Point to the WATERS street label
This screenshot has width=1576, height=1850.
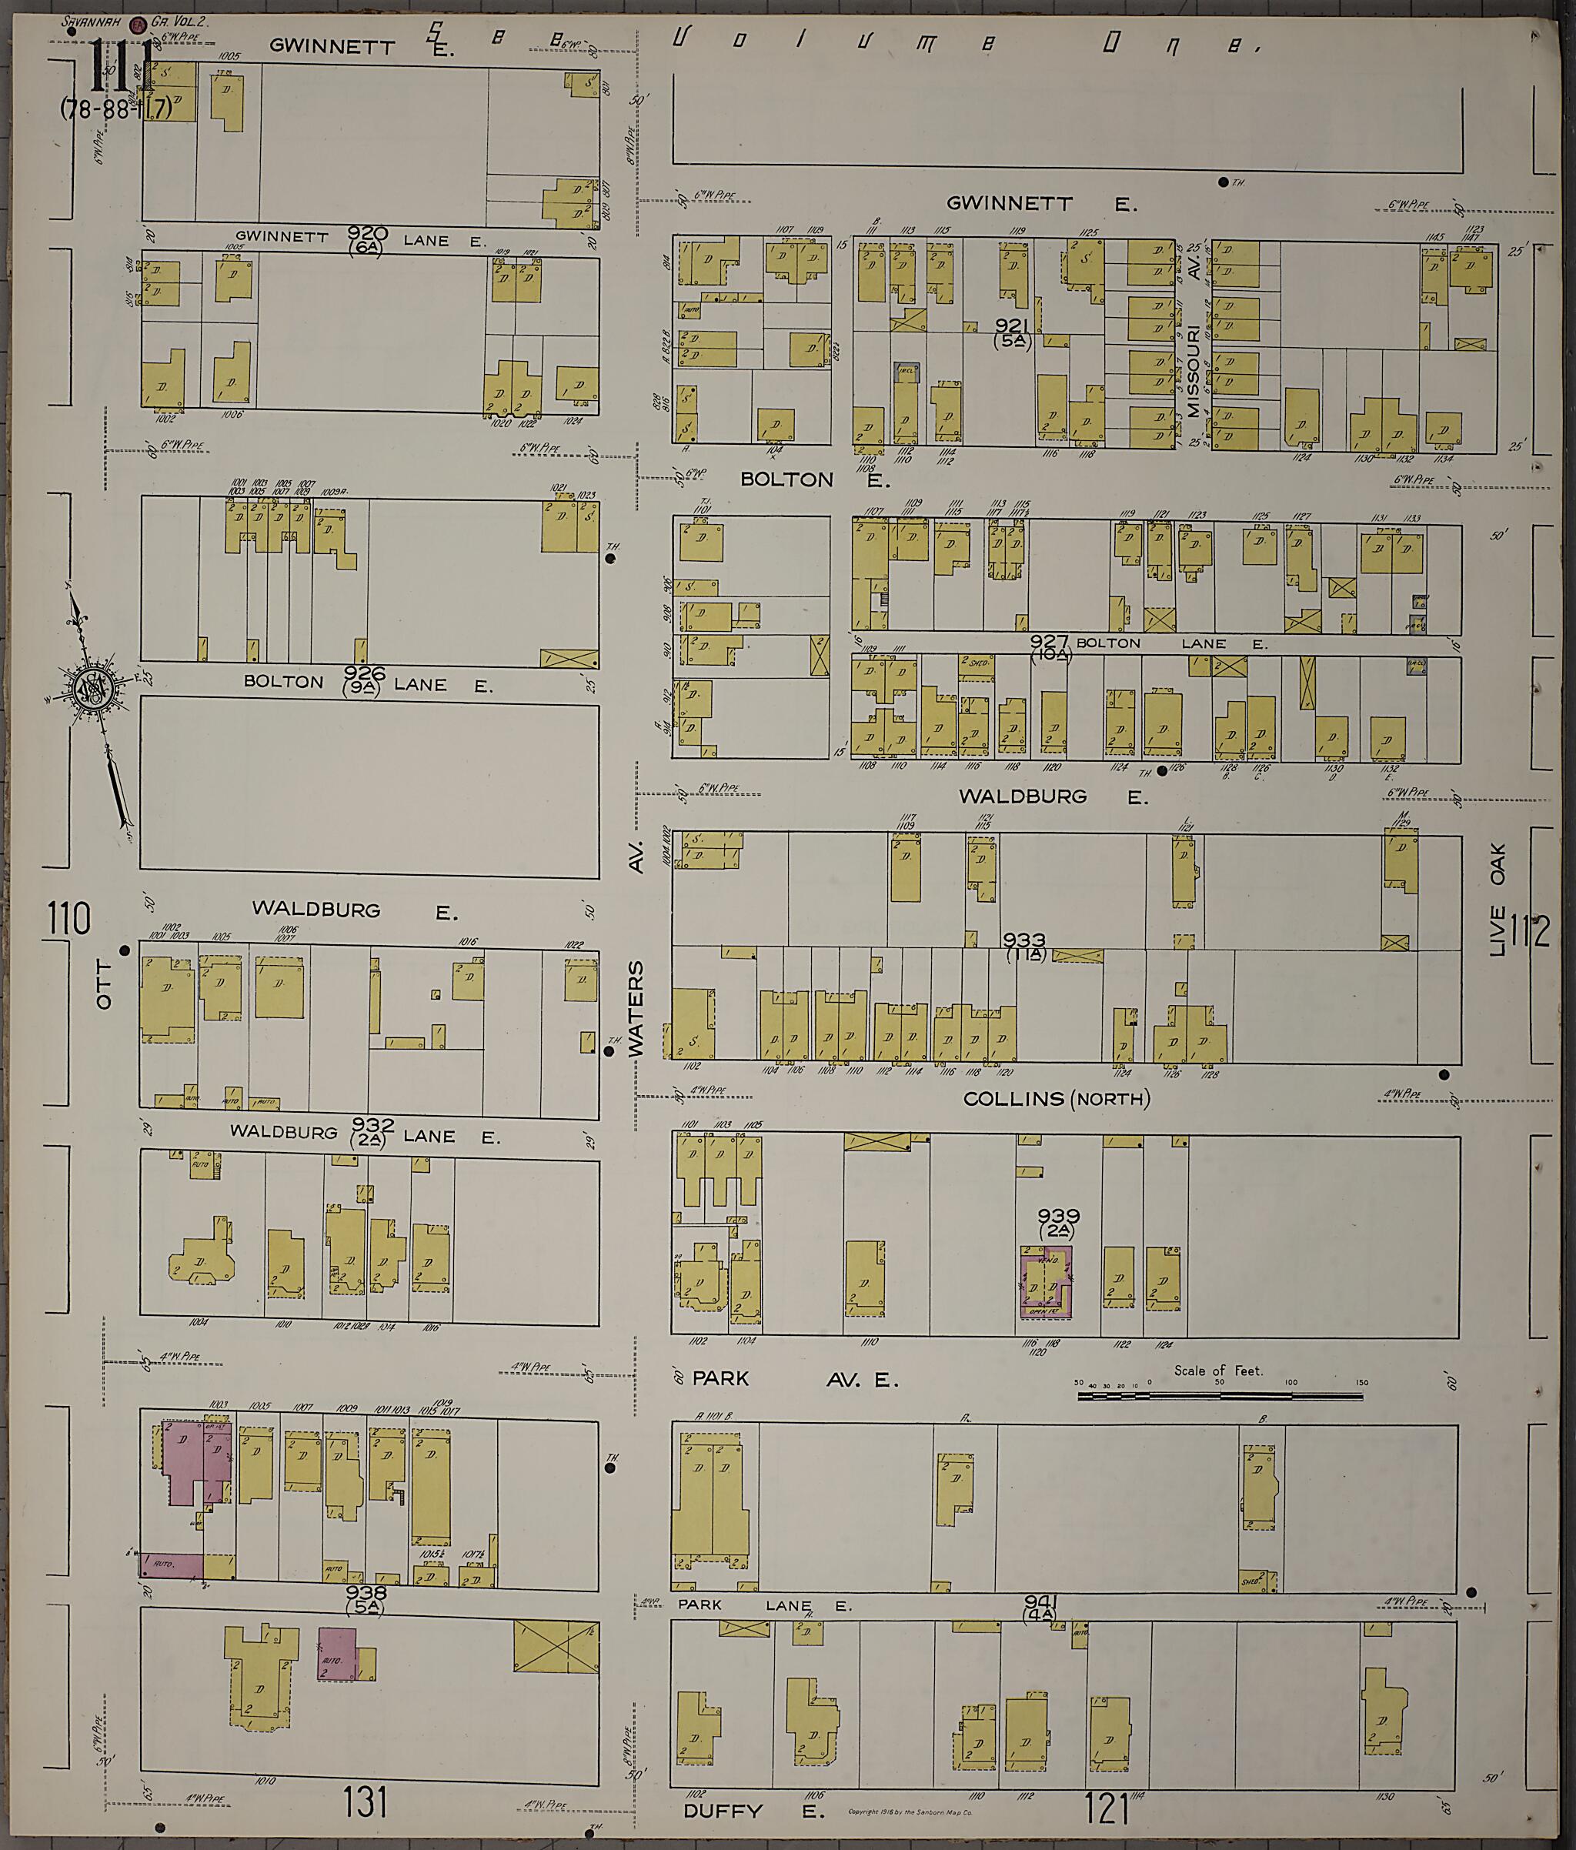click(636, 1009)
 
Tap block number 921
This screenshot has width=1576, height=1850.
click(1013, 328)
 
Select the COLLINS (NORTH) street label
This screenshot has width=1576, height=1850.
click(1057, 1099)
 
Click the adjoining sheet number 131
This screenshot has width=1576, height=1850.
click(366, 1803)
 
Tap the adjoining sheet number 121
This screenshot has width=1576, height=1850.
click(1107, 1808)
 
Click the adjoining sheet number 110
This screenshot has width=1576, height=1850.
click(70, 919)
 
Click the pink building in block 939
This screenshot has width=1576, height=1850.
click(1046, 1283)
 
